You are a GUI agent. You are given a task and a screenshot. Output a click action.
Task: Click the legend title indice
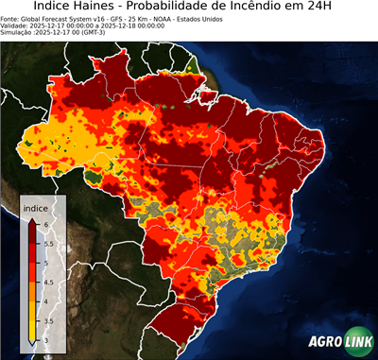tap(35, 206)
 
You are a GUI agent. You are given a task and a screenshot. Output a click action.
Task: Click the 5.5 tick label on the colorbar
tap(48, 243)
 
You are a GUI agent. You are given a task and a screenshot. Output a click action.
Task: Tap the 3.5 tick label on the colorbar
tap(48, 321)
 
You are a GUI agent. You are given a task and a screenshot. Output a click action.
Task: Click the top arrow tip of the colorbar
tap(31, 215)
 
